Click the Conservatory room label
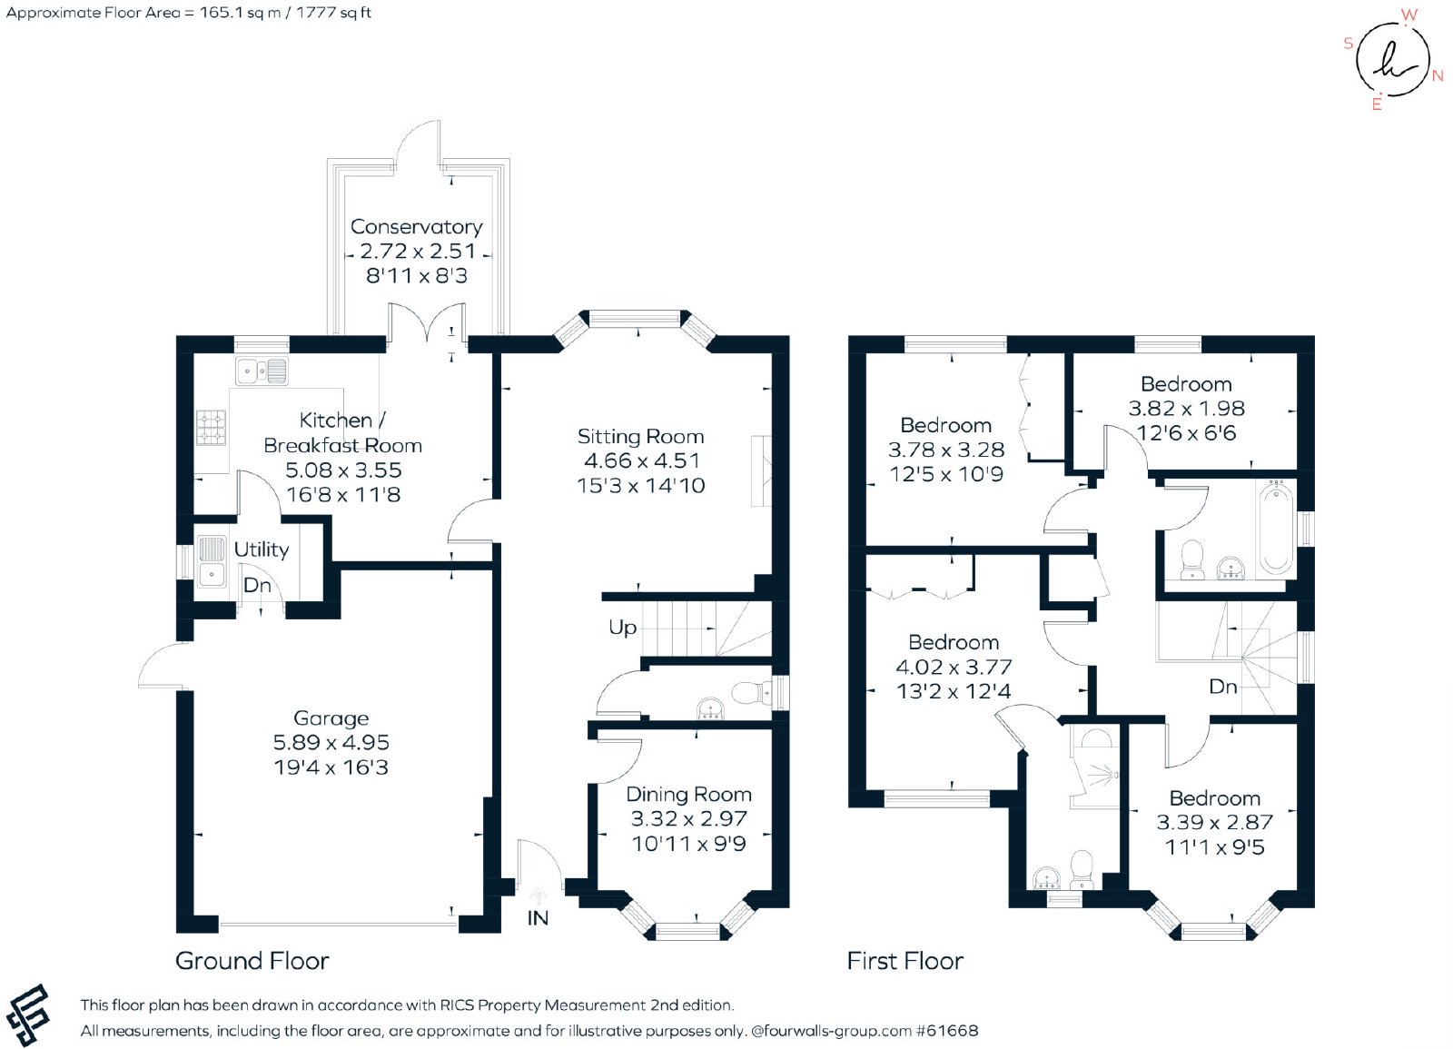point(417,226)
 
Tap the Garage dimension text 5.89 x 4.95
point(331,742)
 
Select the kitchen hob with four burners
point(212,428)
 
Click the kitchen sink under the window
point(262,371)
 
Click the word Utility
point(262,549)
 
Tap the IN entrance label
point(538,918)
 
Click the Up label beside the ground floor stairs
point(622,628)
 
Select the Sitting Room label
point(641,437)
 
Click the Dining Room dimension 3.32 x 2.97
point(689,818)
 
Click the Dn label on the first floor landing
point(1222,687)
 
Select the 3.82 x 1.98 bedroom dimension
point(1186,409)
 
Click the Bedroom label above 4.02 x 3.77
point(954,642)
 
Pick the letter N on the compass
point(1438,76)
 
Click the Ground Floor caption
point(252,961)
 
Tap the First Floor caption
point(904,961)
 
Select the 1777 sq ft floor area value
point(333,13)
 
